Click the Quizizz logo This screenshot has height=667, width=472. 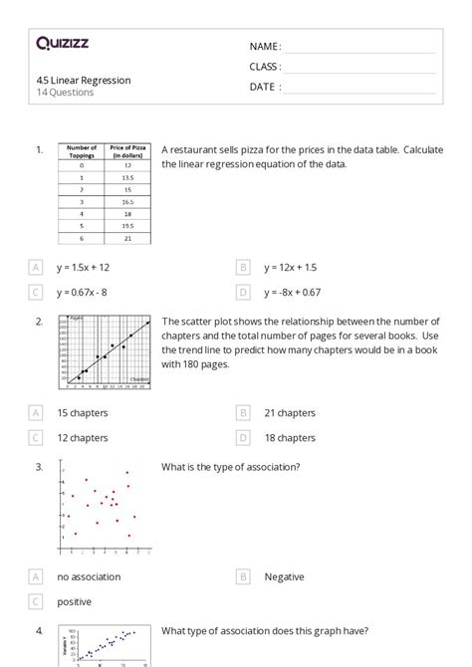pos(62,43)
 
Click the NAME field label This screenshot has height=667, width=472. pos(265,47)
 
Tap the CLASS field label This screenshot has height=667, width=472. pos(265,67)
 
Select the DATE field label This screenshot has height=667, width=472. pos(265,87)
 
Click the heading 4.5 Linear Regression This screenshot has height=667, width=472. pos(84,80)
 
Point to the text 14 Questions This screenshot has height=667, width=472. pos(66,93)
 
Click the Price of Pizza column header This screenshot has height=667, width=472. pos(127,152)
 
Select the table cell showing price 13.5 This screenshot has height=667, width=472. pos(127,176)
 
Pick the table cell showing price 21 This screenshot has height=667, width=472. pos(127,239)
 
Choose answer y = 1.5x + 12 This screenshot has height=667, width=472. pos(84,267)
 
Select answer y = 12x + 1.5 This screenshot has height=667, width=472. pos(291,267)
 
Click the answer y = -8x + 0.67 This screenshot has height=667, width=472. pos(293,292)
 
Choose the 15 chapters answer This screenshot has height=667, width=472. pos(83,412)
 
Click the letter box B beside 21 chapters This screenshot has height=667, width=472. pos(243,412)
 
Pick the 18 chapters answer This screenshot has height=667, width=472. pos(290,437)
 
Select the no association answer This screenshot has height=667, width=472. pos(89,576)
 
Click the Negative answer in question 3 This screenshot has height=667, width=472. pos(284,576)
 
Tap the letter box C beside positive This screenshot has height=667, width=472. pos(36,601)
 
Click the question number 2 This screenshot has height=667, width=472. pos(39,322)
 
